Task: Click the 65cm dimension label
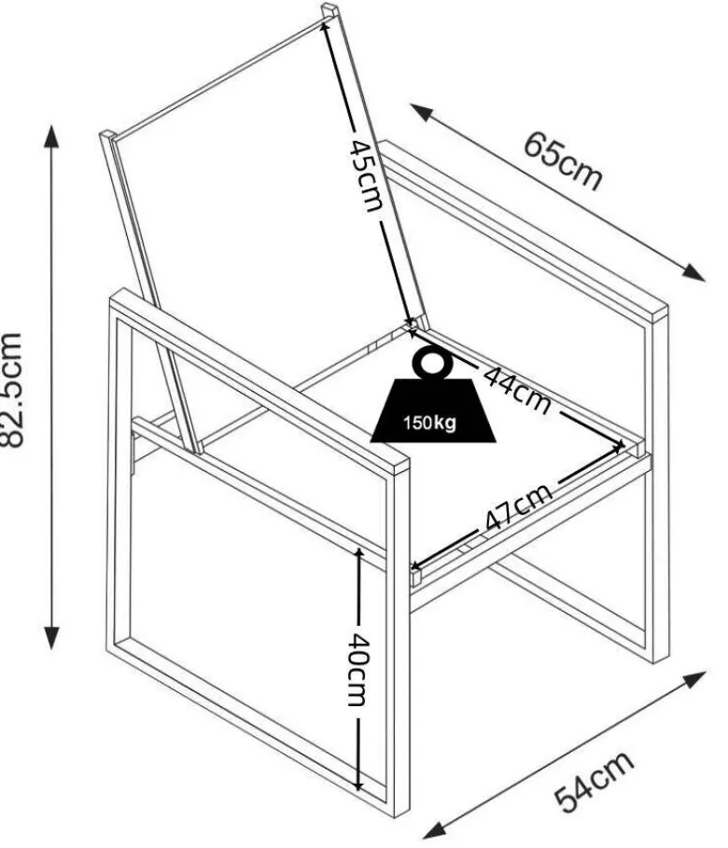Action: (x=563, y=160)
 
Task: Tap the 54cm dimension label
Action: (x=594, y=781)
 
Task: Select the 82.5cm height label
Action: (x=11, y=390)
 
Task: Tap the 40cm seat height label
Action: (x=357, y=670)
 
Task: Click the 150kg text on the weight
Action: (x=429, y=423)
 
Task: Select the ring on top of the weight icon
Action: (x=431, y=364)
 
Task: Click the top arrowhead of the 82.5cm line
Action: (x=51, y=135)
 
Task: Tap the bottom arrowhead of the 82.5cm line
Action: (x=51, y=638)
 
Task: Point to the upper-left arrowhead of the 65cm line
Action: (x=421, y=111)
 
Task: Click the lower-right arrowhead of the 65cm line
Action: (x=693, y=272)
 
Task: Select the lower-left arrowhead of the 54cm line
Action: (x=434, y=830)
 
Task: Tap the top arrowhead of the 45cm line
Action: (x=326, y=25)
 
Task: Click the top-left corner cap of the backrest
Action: (x=107, y=135)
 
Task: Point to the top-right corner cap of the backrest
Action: (x=330, y=9)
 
